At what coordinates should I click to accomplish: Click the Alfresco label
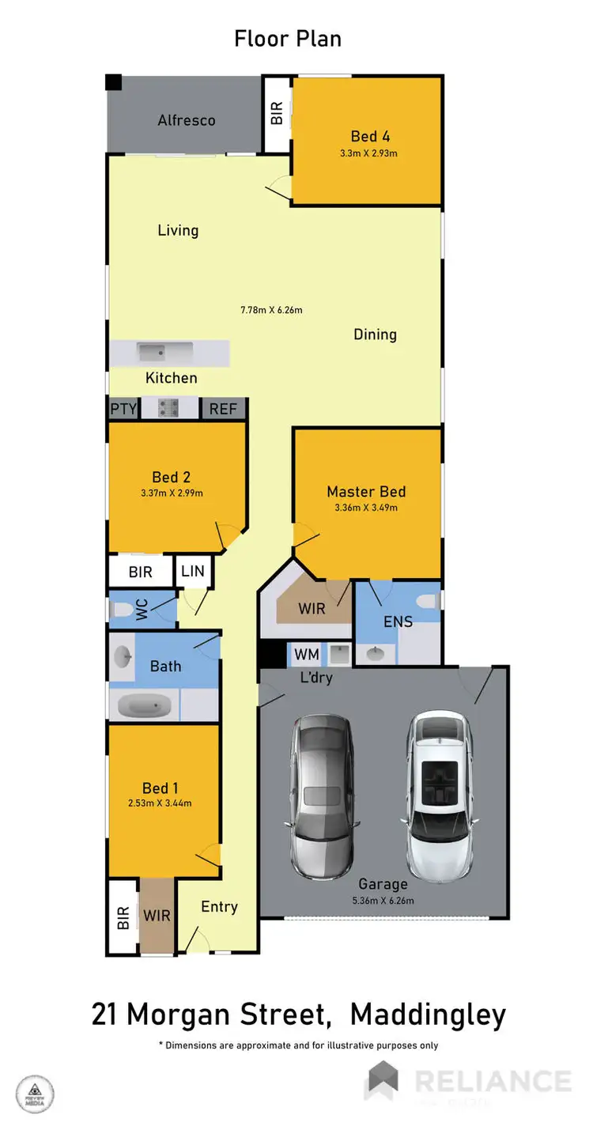click(187, 120)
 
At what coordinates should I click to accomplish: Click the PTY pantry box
click(123, 409)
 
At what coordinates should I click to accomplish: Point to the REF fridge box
click(223, 409)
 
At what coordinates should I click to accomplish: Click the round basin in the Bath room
click(123, 656)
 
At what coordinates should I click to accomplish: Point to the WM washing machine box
click(306, 654)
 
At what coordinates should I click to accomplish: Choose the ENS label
click(398, 622)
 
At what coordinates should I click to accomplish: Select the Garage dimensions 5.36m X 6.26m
click(383, 900)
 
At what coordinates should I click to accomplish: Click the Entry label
click(219, 906)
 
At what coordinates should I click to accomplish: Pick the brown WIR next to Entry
click(157, 916)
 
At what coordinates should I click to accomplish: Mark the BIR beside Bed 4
click(277, 115)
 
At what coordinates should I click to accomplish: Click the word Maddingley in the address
click(428, 1014)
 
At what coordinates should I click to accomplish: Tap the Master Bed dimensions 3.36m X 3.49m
click(366, 508)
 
